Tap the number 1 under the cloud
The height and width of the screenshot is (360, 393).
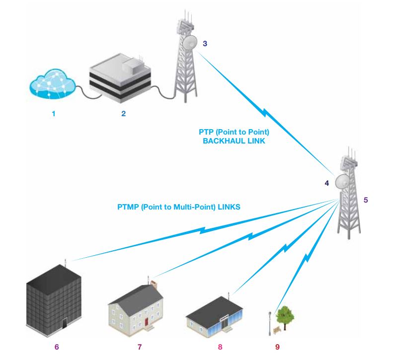pos(53,114)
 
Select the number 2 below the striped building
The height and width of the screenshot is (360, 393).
pos(123,114)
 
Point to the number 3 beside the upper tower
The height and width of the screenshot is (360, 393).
pos(205,43)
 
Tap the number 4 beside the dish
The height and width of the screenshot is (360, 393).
pos(326,183)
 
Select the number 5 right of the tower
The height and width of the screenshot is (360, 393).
pos(366,200)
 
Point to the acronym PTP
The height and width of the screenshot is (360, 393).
pos(205,133)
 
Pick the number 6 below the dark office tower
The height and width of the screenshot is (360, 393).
pos(56,346)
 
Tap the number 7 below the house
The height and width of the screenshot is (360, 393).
pos(140,346)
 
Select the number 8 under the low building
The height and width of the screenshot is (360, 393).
pos(220,346)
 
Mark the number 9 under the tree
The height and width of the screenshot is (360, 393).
pos(277,346)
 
